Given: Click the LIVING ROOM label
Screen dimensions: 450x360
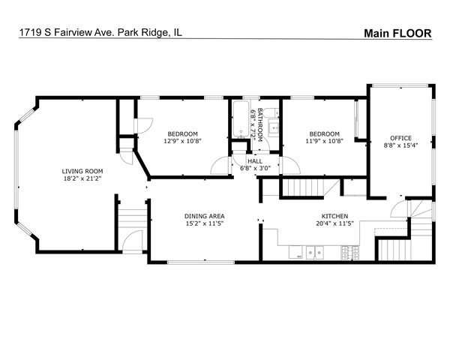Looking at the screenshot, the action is [x=82, y=172].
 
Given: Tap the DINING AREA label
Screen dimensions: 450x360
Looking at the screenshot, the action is [x=204, y=216].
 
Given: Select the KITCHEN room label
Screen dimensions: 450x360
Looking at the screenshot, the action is [x=334, y=216].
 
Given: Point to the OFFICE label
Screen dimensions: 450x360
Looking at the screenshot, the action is [x=400, y=138].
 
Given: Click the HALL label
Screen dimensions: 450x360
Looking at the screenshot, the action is [x=255, y=161].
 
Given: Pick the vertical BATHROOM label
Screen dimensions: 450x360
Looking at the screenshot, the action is [x=260, y=125].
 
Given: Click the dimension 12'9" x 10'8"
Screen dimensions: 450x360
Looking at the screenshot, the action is [x=182, y=141].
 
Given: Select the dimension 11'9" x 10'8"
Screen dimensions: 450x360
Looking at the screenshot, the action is [x=324, y=141].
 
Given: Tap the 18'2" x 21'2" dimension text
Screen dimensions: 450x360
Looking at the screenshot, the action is [x=82, y=178].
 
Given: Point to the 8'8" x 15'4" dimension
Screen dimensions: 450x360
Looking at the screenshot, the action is [x=400, y=145].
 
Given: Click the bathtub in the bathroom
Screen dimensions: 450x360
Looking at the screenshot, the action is [x=241, y=119].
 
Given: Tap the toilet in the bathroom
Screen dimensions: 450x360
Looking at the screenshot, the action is [x=271, y=112].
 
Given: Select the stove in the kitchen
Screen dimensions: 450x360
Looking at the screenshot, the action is [x=349, y=253].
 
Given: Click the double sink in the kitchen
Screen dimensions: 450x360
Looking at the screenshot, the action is [x=314, y=253].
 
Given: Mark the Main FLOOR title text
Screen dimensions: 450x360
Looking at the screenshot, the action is [x=397, y=33].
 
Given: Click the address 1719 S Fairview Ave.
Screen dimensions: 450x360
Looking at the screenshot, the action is [x=68, y=32].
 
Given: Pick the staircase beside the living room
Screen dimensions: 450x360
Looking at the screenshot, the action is [x=132, y=218].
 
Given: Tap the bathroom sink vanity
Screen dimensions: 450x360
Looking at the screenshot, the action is [x=273, y=127].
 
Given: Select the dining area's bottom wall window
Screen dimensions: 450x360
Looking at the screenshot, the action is [x=200, y=262].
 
